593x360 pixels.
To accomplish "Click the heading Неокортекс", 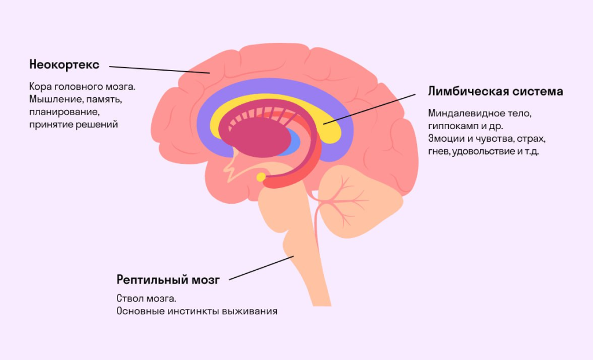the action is point(64,65).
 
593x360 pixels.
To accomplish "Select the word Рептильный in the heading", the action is point(148,280).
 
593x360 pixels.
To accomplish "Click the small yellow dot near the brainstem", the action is point(261,177).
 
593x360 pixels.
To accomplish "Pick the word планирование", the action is point(64,112).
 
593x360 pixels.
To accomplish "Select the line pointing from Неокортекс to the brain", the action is point(159,69).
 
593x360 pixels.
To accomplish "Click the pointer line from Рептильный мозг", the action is point(261,268).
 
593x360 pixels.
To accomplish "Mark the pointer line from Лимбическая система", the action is point(369,109).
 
